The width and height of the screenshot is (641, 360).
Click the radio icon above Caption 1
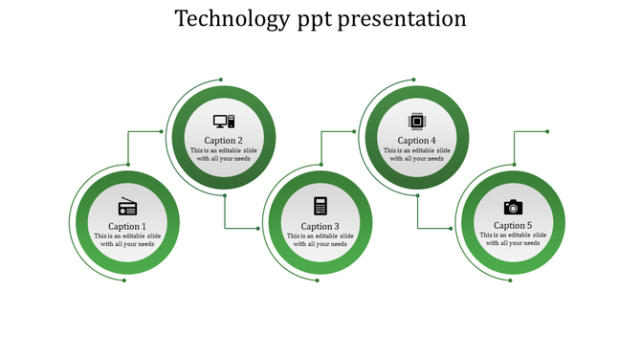127,207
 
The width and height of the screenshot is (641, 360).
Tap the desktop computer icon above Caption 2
224,122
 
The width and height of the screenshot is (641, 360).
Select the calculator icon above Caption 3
320,206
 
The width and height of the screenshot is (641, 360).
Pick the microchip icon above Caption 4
417,122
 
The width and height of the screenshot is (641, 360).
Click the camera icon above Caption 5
513,207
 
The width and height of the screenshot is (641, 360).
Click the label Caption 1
127,226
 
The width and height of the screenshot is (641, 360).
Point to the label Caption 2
224,141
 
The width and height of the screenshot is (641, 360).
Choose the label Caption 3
320,226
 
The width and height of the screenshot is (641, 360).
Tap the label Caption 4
417,141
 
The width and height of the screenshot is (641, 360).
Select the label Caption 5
513,226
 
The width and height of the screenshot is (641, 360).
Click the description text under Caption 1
127,239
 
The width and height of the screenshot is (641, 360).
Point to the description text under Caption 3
320,239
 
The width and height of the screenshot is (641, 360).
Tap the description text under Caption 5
513,239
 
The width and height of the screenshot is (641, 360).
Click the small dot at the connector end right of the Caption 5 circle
547,131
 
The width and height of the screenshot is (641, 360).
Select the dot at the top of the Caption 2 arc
221,79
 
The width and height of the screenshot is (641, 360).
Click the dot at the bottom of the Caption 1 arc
124,280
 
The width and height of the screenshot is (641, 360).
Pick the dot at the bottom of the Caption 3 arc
317,280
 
